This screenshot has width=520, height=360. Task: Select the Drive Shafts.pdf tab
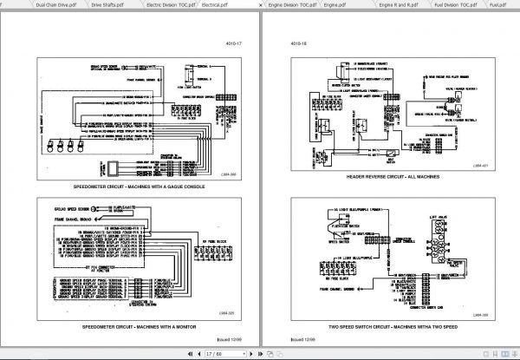click(x=108, y=4)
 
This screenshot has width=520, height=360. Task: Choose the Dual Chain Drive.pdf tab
click(x=31, y=4)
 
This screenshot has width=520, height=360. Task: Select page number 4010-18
click(x=283, y=41)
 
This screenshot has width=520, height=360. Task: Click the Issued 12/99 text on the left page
click(x=229, y=341)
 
